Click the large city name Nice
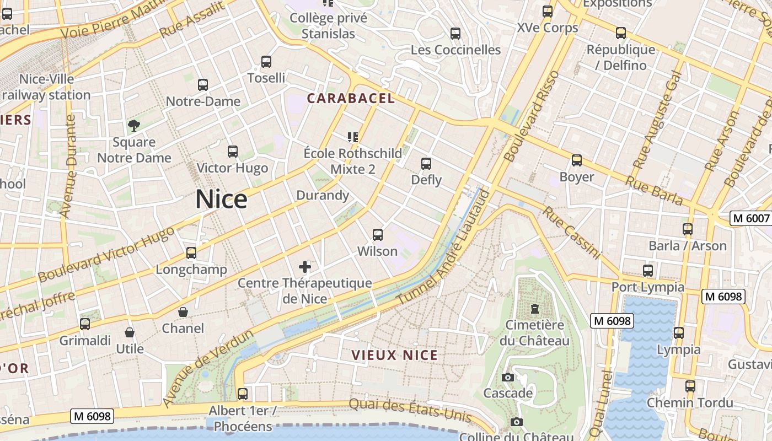[221, 199]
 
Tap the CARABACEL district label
[351, 99]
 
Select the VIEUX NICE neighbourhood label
[395, 356]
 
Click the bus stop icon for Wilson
[378, 235]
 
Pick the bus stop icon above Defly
[426, 164]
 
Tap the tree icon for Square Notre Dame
[133, 126]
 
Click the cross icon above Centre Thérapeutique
[305, 267]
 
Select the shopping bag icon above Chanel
[183, 313]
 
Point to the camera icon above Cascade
[508, 377]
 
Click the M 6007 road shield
[750, 218]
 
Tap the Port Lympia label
[647, 287]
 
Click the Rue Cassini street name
[571, 233]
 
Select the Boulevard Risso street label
[532, 116]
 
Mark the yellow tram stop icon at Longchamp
[191, 253]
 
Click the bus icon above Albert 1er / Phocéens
[243, 394]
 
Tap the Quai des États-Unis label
[410, 410]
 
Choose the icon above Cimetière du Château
[534, 308]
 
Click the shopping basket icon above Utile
[130, 332]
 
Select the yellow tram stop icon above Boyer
[577, 160]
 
